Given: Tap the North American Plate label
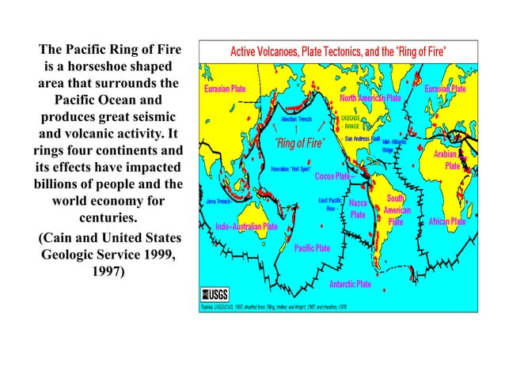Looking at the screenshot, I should [x=370, y=99].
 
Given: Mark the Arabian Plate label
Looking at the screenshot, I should [x=449, y=160].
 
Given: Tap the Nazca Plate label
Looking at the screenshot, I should [x=358, y=209].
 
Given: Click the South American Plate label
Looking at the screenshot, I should [x=396, y=210].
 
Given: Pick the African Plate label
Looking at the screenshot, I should [x=446, y=222].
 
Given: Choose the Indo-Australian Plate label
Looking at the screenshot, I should [x=246, y=227].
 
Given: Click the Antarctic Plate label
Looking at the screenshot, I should [x=350, y=283].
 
